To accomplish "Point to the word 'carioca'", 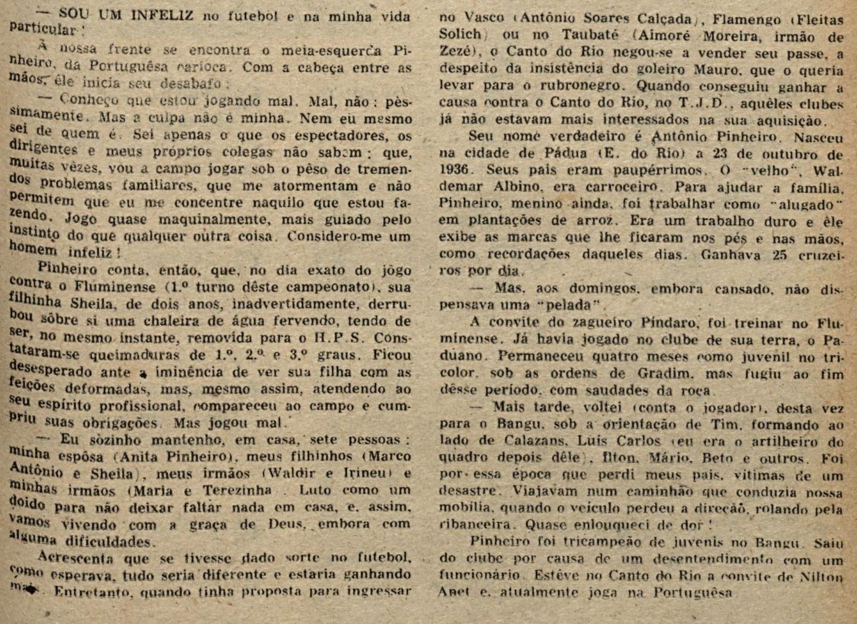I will coord(202,66).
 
